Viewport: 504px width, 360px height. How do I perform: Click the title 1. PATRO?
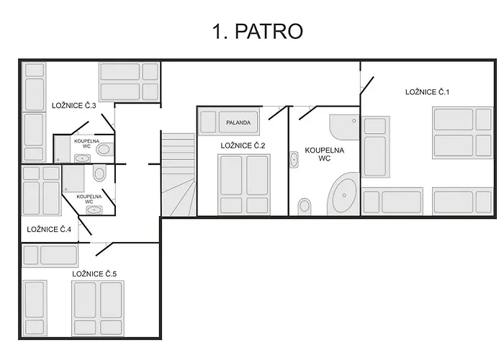pos(258,32)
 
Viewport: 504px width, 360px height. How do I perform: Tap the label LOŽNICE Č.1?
pos(427,92)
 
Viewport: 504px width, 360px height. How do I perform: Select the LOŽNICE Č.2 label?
pos(243,145)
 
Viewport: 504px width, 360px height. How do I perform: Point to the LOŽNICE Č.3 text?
pos(74,105)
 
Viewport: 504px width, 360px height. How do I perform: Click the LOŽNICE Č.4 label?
pos(49,229)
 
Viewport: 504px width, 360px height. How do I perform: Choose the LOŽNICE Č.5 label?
pos(94,274)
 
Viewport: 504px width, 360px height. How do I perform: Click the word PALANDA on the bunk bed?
pos(238,123)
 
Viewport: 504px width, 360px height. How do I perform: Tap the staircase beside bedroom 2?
pos(178,174)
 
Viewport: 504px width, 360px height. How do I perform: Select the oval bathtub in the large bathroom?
pos(344,195)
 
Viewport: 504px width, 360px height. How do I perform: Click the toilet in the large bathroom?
pos(305,207)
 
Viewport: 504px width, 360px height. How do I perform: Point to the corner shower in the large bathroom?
pos(344,127)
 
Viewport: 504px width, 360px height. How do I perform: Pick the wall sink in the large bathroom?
pos(294,159)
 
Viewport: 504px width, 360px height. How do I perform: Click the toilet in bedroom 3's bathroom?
pos(104,149)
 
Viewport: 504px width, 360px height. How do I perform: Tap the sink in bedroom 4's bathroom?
pos(94,210)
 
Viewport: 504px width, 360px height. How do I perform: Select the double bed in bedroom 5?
pos(98,309)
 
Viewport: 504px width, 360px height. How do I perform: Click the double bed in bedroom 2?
pos(244,184)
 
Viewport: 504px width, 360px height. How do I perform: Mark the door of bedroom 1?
pos(367,86)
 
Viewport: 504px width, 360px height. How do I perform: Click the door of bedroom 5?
pos(104,249)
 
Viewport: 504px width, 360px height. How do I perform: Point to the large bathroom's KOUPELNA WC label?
pos(324,154)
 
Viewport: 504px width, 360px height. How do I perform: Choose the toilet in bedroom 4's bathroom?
pos(99,174)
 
